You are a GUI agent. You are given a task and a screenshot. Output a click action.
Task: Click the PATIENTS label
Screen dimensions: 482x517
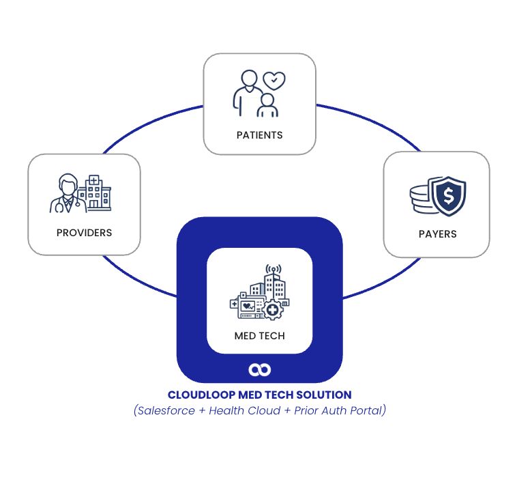(259, 135)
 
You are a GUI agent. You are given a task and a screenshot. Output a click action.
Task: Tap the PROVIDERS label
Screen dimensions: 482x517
(84, 233)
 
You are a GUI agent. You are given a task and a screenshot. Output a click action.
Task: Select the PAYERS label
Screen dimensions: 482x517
(437, 234)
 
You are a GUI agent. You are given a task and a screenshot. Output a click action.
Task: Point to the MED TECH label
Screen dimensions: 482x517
(259, 336)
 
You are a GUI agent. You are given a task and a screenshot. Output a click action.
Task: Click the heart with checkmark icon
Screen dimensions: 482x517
(274, 81)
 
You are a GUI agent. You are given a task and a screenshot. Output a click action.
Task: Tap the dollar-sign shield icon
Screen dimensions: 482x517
(449, 195)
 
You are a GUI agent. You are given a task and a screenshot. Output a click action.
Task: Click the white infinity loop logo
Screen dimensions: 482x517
(259, 369)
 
